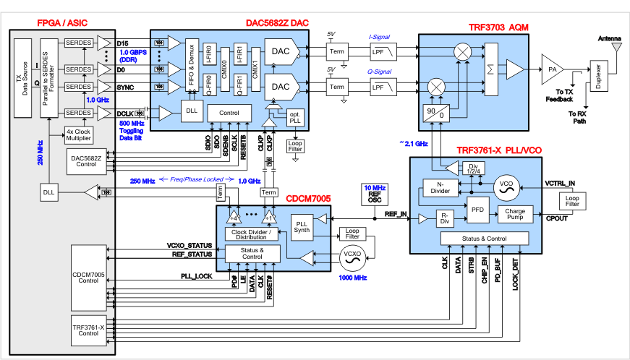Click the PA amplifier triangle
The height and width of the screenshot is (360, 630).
[553, 69]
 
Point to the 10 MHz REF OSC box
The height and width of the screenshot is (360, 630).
[374, 194]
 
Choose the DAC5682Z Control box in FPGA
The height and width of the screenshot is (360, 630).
[85, 160]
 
